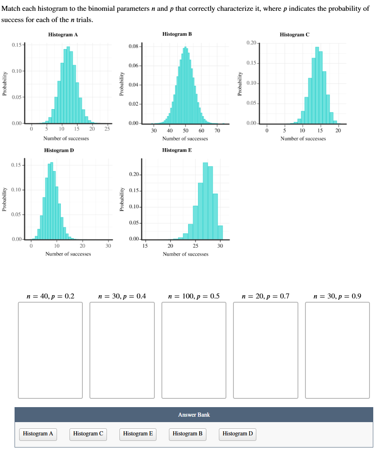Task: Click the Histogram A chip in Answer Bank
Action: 38,434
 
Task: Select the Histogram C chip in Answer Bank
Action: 88,434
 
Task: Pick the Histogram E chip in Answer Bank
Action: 138,434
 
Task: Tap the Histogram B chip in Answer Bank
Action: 188,434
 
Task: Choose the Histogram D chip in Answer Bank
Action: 238,434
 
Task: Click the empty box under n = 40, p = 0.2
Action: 50,350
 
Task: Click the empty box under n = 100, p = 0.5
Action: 194,350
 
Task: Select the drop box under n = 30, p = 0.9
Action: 337,350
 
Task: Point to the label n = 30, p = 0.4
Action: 122,296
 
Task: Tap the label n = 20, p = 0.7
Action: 265,296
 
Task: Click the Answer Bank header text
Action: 194,415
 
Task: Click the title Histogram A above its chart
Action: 63,35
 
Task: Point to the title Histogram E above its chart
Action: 177,150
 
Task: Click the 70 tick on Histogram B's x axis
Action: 217,131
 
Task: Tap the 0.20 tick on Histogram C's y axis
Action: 252,43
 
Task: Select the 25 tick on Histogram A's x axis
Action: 107,129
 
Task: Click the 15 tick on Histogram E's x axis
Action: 145,246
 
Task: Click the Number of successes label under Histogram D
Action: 68,254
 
